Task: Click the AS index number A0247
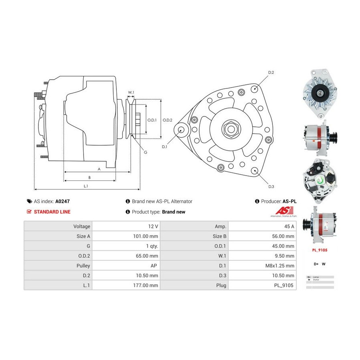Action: click(62, 202)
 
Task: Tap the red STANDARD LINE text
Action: click(52, 212)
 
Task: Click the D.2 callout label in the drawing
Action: click(271, 72)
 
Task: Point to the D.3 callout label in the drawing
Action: click(271, 187)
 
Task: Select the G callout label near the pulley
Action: click(145, 152)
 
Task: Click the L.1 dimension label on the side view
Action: click(86, 186)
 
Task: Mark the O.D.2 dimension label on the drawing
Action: click(168, 120)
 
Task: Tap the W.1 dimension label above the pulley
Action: click(131, 92)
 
